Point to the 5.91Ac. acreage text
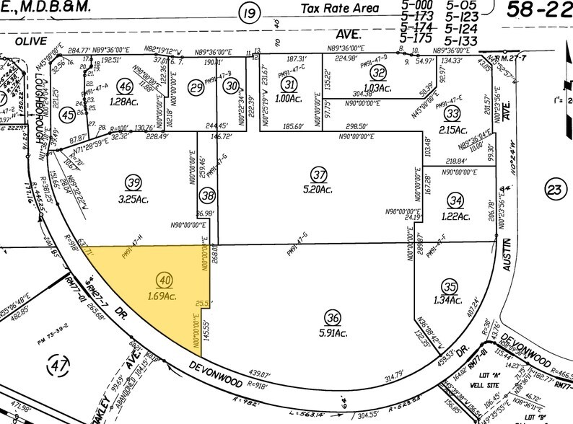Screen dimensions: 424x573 pos(333,332)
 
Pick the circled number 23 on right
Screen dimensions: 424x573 pos(554,189)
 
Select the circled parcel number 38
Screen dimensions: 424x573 pos(209,195)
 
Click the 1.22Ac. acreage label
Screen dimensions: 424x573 pos(457,216)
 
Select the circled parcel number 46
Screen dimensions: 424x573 pos(126,87)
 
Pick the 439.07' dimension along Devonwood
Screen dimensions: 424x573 pos(259,375)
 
